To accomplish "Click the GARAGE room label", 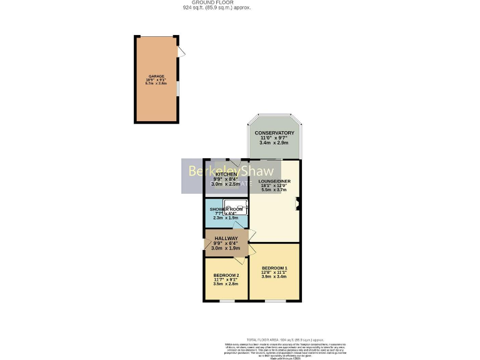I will tap(156, 76).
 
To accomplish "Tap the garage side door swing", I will tap(181, 52).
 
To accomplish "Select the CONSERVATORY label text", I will tap(274, 133).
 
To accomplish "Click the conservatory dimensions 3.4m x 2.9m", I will tap(274, 143).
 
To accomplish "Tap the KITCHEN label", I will tap(226, 174).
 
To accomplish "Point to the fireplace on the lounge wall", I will tap(298, 201).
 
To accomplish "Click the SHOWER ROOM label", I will tap(226, 209).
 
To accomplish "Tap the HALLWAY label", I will tap(226, 238).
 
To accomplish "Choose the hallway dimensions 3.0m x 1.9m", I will tap(226, 248).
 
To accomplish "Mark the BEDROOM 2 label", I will tap(226, 275).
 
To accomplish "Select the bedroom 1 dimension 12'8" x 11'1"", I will tap(274, 272).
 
